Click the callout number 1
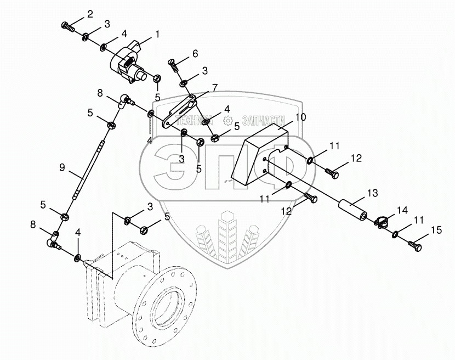click(x=157, y=34)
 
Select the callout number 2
click(x=90, y=13)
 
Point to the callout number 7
click(x=215, y=87)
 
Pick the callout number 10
click(x=300, y=117)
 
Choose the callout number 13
click(x=373, y=193)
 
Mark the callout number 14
click(x=402, y=209)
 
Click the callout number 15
click(x=436, y=229)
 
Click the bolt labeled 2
click(x=67, y=25)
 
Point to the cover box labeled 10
click(x=258, y=154)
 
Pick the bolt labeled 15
click(x=415, y=248)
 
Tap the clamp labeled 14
click(x=382, y=222)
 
